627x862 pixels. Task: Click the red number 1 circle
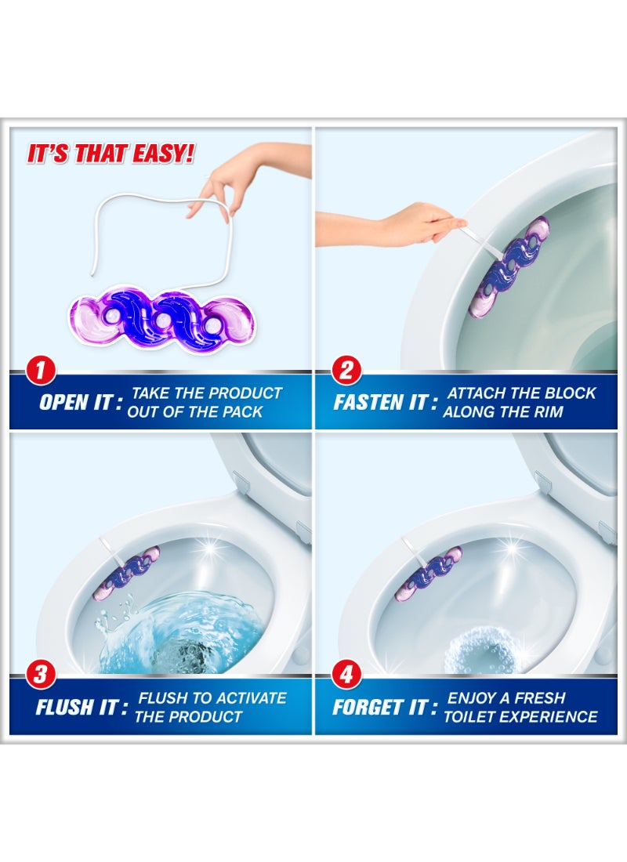tap(40, 370)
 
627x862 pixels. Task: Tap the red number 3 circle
tap(40, 674)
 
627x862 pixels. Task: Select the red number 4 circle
tap(346, 674)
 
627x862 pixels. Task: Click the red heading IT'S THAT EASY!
tap(111, 154)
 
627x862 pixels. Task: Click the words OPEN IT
tap(80, 403)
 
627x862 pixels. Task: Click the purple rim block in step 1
tap(161, 318)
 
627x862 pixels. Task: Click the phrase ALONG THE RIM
tap(503, 411)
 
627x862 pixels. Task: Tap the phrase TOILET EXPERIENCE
tap(520, 717)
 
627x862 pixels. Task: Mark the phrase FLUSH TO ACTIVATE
tap(212, 698)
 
